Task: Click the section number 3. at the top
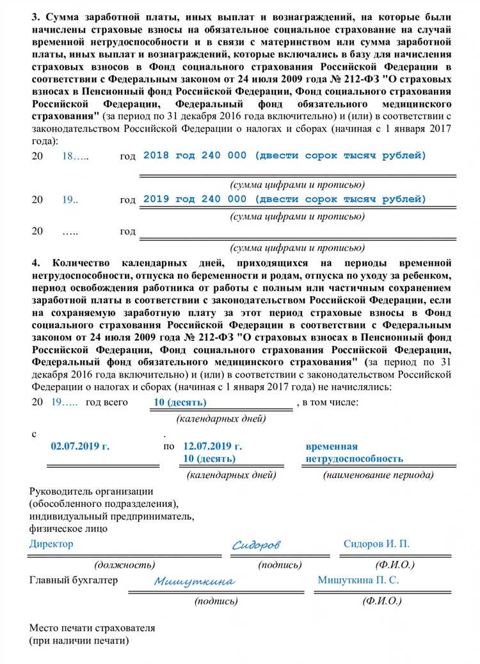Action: [x=36, y=17]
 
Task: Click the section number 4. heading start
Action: [x=36, y=263]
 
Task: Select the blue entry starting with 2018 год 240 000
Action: [x=284, y=156]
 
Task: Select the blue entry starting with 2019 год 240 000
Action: [x=284, y=199]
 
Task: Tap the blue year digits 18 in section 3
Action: [x=68, y=156]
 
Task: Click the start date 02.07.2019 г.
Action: [x=80, y=447]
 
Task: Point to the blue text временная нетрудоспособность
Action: [x=354, y=452]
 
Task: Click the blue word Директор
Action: [x=51, y=544]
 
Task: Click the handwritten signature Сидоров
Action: [x=256, y=545]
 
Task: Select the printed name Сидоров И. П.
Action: [x=376, y=544]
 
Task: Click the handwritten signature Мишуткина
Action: [x=194, y=581]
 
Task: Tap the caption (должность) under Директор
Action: [x=124, y=565]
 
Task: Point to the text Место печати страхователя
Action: [x=92, y=628]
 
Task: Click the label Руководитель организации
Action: [x=92, y=492]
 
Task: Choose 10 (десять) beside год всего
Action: [x=180, y=403]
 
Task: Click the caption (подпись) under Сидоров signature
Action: [x=280, y=565]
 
